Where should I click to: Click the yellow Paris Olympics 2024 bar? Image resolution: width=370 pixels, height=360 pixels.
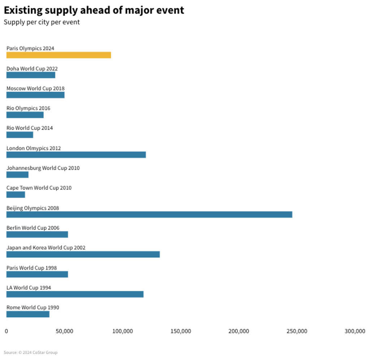pos(59,55)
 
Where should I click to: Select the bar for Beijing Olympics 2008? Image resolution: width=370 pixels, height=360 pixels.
pos(149,214)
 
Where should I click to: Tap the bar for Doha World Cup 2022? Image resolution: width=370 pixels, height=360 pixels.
pos(31,75)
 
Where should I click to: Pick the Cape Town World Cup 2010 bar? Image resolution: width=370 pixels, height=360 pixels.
pos(16,194)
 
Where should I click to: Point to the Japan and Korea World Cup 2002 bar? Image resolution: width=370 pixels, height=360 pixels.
pos(83,254)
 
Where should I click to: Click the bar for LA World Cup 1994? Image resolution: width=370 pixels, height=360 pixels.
pos(75,294)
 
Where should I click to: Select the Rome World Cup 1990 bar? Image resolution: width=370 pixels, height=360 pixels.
pos(28,314)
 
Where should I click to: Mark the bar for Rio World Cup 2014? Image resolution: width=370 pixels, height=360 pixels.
pos(20,135)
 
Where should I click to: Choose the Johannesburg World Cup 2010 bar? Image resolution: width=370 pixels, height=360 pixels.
pos(17,175)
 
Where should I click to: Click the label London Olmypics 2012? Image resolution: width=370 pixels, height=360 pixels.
pos(34,148)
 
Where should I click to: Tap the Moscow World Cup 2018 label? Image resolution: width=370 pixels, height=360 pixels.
pos(35,89)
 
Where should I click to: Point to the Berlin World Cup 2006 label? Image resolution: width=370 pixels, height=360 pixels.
pos(33,228)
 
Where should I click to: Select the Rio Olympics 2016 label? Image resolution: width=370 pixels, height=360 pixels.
pos(28,108)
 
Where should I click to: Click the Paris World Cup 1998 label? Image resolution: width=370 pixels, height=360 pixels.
pos(31,268)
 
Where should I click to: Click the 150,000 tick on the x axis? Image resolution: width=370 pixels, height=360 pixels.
pos(181,331)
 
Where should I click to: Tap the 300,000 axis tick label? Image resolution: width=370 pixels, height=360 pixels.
pos(355,331)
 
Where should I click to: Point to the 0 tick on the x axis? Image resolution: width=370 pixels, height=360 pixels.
pos(6,331)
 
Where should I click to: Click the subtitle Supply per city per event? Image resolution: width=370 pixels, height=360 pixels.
pos(42,22)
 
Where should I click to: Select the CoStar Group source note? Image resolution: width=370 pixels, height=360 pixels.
pos(30,352)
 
